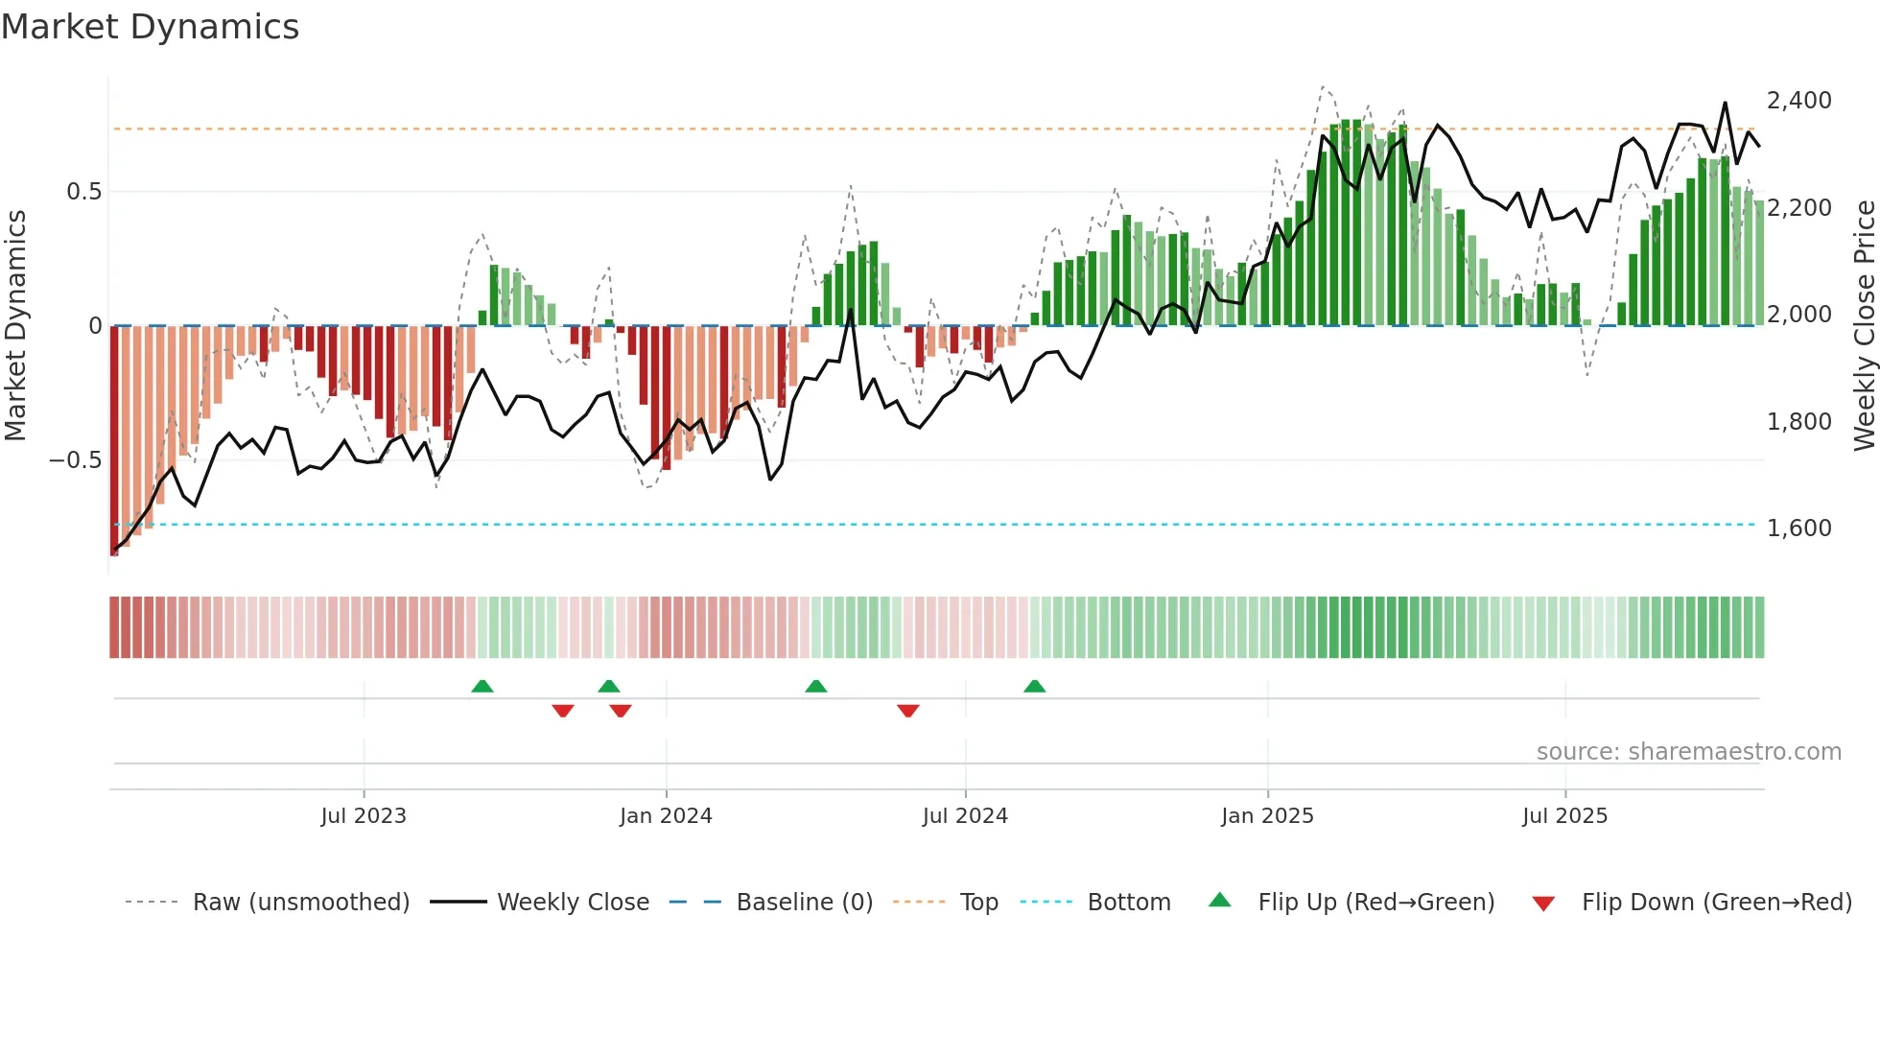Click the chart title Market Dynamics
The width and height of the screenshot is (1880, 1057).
coord(150,27)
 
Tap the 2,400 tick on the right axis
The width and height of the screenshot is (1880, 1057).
coord(1798,101)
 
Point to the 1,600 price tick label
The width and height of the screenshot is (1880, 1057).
coord(1798,528)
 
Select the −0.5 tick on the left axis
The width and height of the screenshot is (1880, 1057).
coord(76,460)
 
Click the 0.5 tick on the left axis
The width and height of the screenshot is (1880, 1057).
coord(83,192)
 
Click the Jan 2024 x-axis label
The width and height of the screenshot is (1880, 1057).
coord(666,816)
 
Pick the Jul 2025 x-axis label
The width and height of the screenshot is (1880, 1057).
coord(1564,816)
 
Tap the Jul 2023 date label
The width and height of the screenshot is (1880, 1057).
coord(364,816)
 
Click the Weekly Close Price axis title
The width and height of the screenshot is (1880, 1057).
coord(1864,325)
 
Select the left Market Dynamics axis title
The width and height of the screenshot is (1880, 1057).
coord(15,325)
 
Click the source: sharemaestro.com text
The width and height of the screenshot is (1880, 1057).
coord(1688,752)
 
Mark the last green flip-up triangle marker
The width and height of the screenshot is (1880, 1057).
coord(1034,687)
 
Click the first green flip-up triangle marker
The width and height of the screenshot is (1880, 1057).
coord(482,687)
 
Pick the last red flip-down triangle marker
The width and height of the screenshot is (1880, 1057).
coord(908,710)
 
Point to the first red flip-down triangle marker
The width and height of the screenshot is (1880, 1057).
coord(563,710)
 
